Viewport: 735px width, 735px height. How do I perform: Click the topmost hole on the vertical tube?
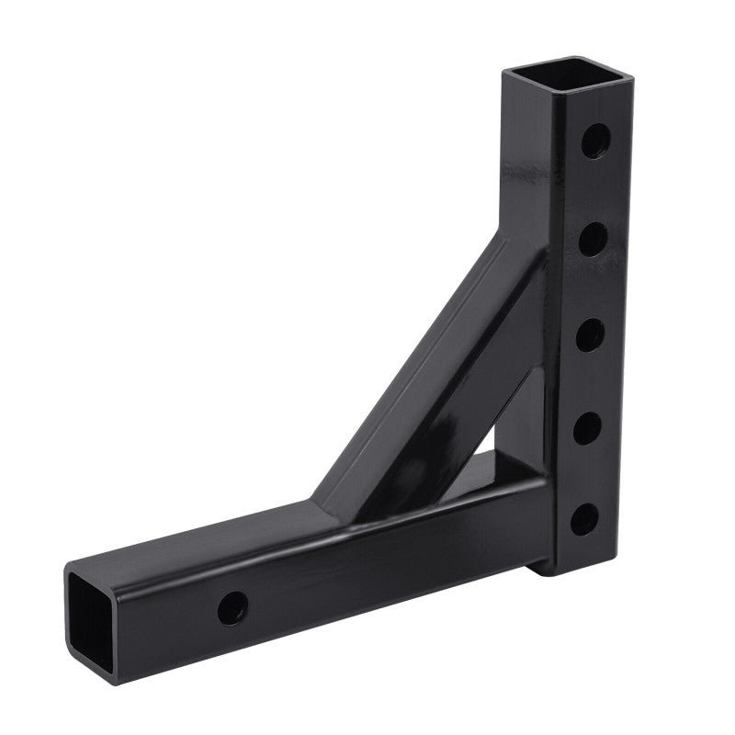tap(598, 142)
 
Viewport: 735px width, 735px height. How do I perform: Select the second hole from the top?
tap(594, 240)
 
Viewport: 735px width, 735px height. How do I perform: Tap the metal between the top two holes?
tap(595, 191)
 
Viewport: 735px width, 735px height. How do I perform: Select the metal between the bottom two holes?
tap(584, 474)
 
